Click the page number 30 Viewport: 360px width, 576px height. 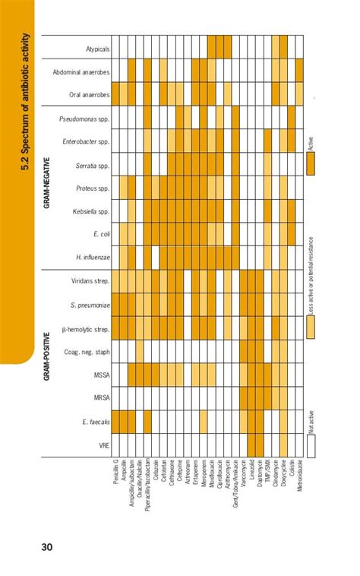(46, 546)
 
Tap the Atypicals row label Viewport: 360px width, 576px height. (98, 46)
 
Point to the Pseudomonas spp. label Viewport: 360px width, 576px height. (85, 118)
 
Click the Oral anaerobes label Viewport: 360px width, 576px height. (90, 95)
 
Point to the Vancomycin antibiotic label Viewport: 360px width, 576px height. (238, 476)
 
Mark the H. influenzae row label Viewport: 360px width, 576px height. (93, 258)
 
